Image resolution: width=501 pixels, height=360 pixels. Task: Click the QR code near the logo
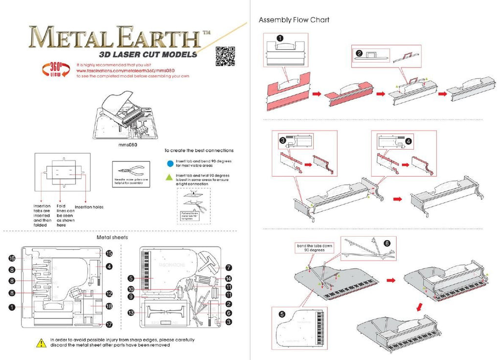(226, 56)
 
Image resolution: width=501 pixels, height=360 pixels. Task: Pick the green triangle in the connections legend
(169, 178)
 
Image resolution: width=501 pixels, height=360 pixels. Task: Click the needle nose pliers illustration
(130, 171)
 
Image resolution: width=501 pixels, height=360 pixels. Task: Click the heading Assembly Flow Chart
(294, 20)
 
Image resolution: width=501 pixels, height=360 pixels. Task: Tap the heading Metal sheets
(113, 237)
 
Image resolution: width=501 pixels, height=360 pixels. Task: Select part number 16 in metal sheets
(12, 258)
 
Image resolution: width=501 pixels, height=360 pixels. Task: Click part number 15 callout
(109, 253)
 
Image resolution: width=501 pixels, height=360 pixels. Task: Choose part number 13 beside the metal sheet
(131, 313)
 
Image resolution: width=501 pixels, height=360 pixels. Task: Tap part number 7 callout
(228, 268)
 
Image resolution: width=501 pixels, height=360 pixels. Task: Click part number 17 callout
(109, 324)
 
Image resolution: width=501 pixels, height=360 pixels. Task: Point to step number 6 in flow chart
(387, 243)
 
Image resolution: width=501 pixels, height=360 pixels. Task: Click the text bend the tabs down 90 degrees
(314, 247)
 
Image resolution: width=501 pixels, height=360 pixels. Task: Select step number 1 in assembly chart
(280, 38)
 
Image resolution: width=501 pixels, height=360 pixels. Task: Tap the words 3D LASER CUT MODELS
(148, 54)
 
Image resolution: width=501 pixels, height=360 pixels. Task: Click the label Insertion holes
(89, 207)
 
